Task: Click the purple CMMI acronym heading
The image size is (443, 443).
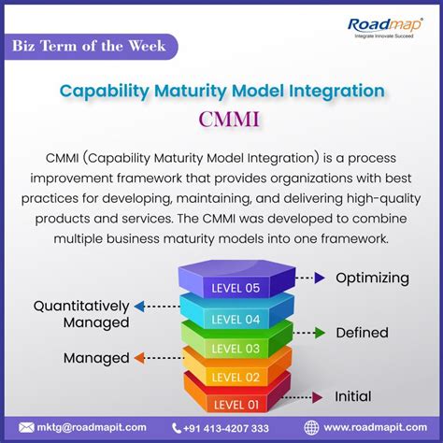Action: tap(221, 121)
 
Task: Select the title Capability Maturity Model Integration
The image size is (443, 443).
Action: tap(221, 92)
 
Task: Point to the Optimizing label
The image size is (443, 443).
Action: tap(372, 278)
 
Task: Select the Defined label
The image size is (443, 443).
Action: tap(364, 332)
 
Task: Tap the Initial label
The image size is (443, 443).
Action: tap(353, 396)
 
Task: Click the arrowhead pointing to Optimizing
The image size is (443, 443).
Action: tap(320, 278)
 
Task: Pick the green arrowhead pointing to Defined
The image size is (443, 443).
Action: tap(318, 332)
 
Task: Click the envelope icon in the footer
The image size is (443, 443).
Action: tap(26, 427)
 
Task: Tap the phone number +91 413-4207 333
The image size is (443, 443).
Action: tap(223, 427)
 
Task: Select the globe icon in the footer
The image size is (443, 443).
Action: tap(311, 427)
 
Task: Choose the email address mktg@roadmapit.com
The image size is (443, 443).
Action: tap(93, 427)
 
